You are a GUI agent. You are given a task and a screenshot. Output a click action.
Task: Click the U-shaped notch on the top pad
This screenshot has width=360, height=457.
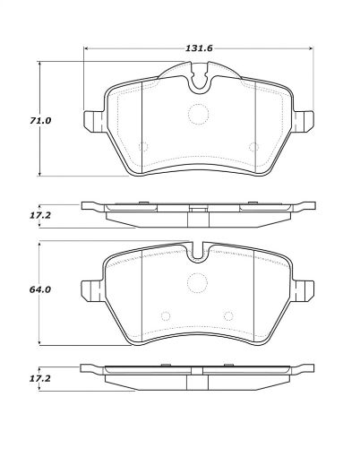click(199, 84)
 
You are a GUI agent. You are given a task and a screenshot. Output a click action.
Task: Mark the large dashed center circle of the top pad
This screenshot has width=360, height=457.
click(199, 115)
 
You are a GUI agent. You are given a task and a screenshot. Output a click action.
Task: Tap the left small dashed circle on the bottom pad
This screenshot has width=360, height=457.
click(165, 315)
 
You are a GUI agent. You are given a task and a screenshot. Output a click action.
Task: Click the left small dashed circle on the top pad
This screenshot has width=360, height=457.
click(143, 146)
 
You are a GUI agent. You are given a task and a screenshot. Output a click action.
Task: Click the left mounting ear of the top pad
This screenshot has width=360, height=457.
click(91, 120)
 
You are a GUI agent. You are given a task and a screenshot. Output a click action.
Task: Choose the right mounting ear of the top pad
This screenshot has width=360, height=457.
click(304, 120)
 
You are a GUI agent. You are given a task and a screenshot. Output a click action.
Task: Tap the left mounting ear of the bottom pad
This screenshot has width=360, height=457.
click(90, 289)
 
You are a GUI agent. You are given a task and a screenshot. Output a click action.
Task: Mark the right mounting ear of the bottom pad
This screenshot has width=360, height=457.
click(304, 289)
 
